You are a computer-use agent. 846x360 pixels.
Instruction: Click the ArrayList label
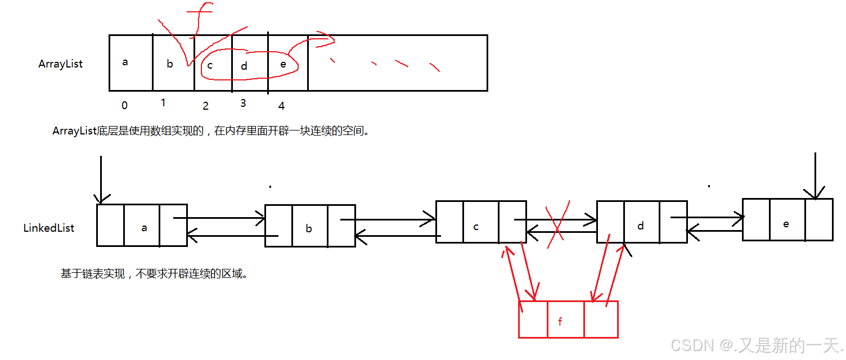(60, 64)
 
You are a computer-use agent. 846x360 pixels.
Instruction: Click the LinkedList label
(48, 228)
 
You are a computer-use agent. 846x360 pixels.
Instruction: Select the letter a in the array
(125, 62)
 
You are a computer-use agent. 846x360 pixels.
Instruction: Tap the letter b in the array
(170, 64)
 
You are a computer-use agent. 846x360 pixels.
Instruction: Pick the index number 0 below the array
(124, 105)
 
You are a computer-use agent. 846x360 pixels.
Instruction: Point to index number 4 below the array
(281, 106)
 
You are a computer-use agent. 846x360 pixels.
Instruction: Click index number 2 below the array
(205, 106)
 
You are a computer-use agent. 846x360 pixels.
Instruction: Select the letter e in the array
(283, 64)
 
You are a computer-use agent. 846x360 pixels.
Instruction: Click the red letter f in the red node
(560, 322)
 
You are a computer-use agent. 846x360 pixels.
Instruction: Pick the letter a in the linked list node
(145, 228)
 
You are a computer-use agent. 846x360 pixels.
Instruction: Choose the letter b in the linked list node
(309, 229)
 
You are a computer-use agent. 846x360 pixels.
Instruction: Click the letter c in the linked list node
(476, 227)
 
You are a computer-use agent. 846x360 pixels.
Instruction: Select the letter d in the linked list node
(641, 226)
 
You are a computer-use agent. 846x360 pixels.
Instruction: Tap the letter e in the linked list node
(786, 223)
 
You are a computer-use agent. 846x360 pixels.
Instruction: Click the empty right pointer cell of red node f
(601, 319)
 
